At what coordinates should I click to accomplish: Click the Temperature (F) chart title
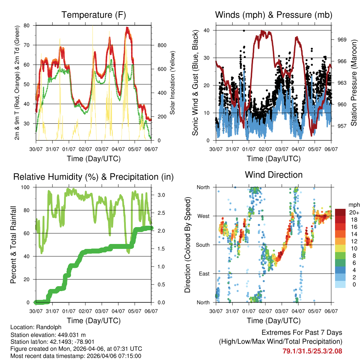94,15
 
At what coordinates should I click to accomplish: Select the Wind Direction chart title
274,175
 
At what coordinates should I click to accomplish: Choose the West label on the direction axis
203,216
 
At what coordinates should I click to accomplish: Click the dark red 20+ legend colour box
341,212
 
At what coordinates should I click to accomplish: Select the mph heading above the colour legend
353,205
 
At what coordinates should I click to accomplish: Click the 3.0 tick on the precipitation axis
158,195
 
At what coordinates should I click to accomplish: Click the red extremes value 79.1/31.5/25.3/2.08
312,351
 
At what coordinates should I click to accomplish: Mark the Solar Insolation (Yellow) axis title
173,83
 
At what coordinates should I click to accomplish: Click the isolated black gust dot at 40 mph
244,31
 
